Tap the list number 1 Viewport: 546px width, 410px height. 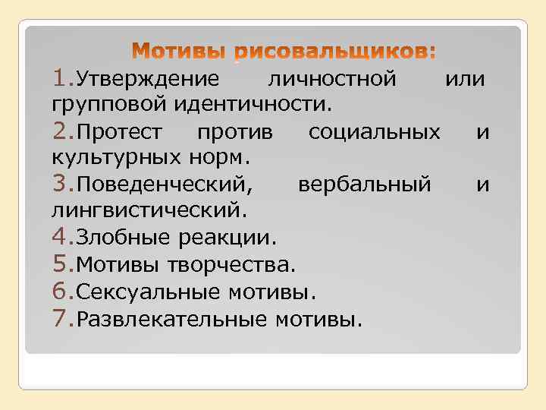pyautogui.click(x=62, y=78)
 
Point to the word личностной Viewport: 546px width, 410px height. pyautogui.click(x=331, y=79)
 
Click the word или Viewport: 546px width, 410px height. pyautogui.click(x=465, y=79)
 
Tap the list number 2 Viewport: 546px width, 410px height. pyautogui.click(x=62, y=132)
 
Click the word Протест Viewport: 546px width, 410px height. pyautogui.click(x=119, y=133)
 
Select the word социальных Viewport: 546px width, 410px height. pyautogui.click(x=374, y=133)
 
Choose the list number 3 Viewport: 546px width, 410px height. pyautogui.click(x=62, y=184)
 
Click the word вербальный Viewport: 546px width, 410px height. pyautogui.click(x=364, y=185)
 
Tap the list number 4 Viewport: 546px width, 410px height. pyautogui.click(x=62, y=237)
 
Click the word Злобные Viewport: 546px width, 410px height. pyautogui.click(x=125, y=238)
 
